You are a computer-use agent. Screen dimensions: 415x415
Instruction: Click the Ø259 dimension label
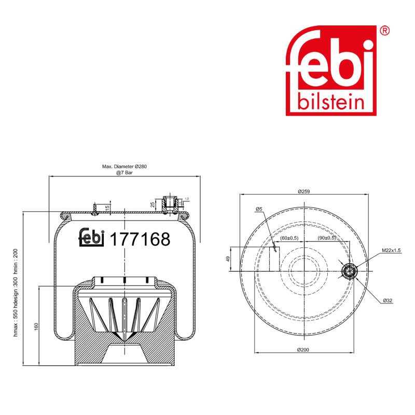pos(303,191)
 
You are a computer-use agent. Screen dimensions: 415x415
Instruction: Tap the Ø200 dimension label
pos(303,350)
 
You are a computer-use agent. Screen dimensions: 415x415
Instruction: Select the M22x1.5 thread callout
pos(391,251)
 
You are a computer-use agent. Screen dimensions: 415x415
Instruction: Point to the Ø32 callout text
pos(388,301)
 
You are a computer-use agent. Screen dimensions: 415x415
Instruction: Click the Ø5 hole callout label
pos(259,209)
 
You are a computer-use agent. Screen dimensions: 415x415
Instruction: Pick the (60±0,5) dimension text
pos(289,238)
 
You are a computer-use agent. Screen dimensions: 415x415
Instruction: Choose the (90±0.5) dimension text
pos(327,238)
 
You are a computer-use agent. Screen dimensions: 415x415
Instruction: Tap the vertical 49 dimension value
pos(228,259)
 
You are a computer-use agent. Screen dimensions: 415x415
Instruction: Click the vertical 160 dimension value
pos(36,326)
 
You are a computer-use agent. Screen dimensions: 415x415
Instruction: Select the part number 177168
pos(140,239)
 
